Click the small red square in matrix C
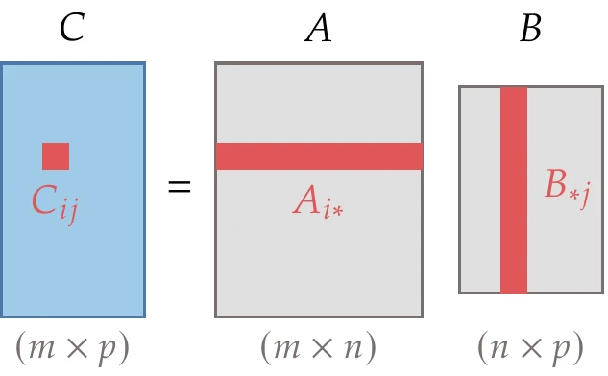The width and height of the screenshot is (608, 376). pos(56,156)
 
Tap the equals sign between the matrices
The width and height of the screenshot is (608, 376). pos(180,187)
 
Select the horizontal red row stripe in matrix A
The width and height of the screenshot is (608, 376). pos(318,156)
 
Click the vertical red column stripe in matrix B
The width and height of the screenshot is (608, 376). pos(514,190)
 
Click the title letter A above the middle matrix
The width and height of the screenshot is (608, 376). pos(318,30)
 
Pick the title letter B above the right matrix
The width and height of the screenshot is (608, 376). pos(530,30)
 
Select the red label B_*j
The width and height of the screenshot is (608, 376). pos(566,184)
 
